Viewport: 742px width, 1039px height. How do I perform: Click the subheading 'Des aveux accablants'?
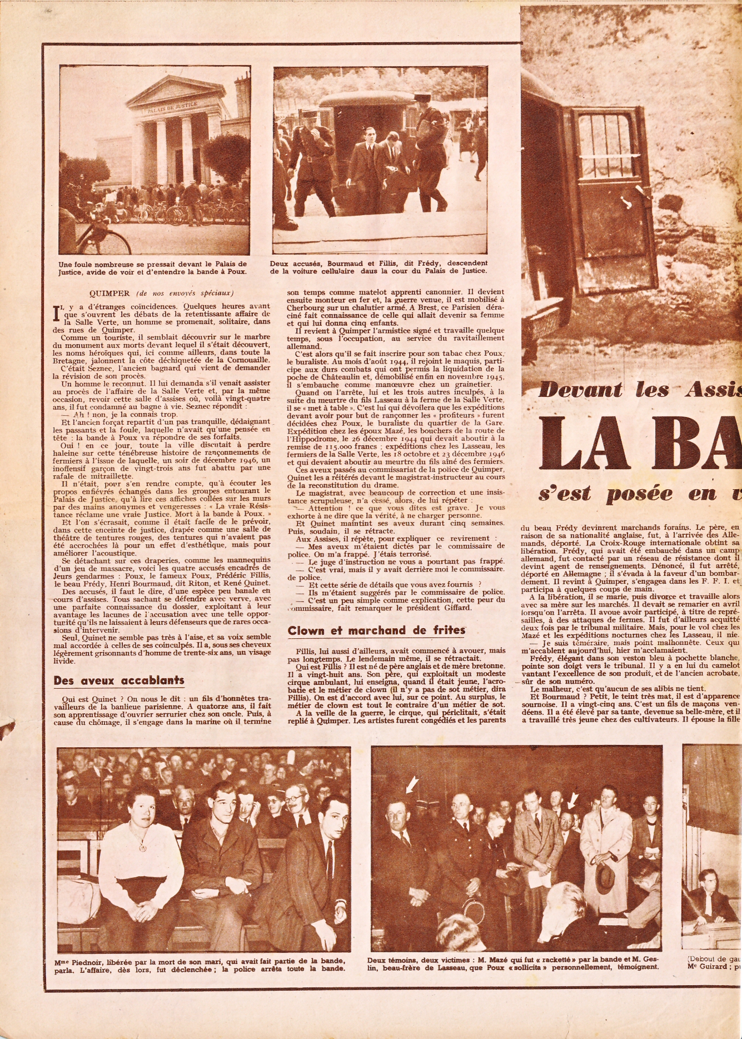118,680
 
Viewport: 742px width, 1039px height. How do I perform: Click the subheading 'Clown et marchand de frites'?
376,630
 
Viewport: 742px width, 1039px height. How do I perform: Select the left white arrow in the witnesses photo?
411,784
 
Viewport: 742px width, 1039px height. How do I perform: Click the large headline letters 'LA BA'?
639,441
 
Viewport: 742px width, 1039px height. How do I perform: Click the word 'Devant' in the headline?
581,390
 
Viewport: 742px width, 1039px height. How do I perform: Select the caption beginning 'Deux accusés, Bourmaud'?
379,267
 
